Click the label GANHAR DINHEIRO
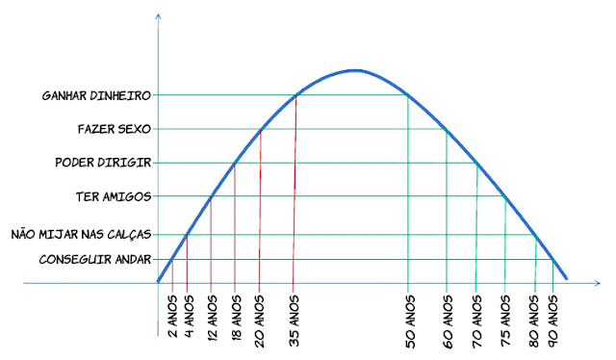[x=95, y=95]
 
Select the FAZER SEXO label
[x=114, y=129]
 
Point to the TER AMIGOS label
[x=113, y=196]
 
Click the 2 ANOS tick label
[x=172, y=312]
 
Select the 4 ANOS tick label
[x=188, y=312]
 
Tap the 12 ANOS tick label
[x=212, y=314]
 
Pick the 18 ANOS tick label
[x=236, y=314]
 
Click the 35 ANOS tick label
[x=295, y=314]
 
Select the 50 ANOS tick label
[x=409, y=314]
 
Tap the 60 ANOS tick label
[x=448, y=314]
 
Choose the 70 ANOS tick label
[x=477, y=314]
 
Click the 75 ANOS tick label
[x=506, y=314]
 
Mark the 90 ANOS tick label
[x=553, y=314]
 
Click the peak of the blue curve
[x=354, y=70]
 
